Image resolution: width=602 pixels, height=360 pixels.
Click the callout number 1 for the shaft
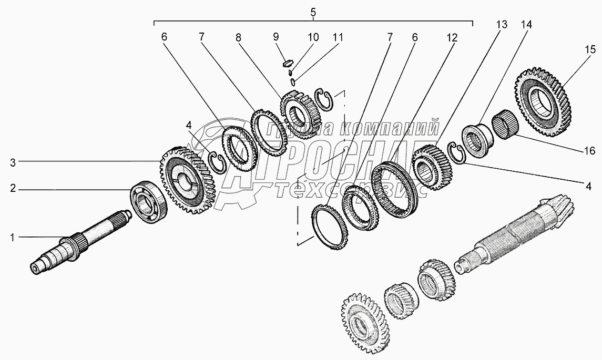pos(12,238)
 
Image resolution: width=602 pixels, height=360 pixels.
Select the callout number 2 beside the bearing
pos(13,189)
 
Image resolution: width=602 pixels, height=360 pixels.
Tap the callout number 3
pos(13,162)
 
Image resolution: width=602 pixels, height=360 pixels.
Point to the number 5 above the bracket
pos(313,12)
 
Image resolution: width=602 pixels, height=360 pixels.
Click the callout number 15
pos(590,49)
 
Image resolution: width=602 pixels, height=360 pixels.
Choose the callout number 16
pos(589,150)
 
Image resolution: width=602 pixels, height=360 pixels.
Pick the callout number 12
pos(452,38)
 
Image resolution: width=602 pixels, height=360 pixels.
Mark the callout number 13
pos(502,25)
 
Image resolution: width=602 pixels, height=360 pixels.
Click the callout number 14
pos(526,25)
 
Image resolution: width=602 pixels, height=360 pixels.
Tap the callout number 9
pos(276,37)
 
